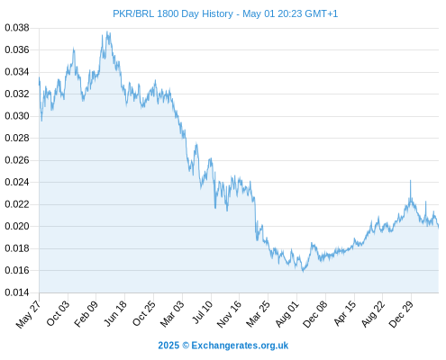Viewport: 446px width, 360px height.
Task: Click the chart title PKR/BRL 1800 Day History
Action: click(x=173, y=13)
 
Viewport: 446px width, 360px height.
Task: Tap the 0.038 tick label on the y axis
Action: click(x=17, y=28)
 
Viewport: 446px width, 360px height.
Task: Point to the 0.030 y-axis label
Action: click(x=17, y=116)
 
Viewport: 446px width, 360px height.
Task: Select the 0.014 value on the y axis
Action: click(x=17, y=292)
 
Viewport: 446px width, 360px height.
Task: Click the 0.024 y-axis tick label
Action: click(x=17, y=182)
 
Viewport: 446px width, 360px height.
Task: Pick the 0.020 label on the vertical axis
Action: click(x=17, y=226)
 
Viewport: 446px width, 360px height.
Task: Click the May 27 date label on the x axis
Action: click(x=28, y=314)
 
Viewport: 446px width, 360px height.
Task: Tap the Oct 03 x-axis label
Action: click(x=58, y=313)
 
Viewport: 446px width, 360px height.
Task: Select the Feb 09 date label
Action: click(x=86, y=314)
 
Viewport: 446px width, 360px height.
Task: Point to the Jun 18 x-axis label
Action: click(x=115, y=313)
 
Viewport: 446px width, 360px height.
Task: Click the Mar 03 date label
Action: click(x=171, y=314)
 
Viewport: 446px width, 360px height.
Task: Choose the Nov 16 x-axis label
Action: click(x=229, y=314)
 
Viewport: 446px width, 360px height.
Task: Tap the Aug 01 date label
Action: click(x=287, y=314)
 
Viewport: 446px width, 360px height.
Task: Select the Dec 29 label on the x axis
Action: click(x=401, y=314)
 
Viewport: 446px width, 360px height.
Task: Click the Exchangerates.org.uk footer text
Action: click(x=240, y=346)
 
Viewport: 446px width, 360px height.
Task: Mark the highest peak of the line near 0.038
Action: click(x=107, y=31)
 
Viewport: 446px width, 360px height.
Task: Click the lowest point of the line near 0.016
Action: click(x=303, y=272)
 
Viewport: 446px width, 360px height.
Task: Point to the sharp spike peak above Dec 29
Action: click(x=410, y=180)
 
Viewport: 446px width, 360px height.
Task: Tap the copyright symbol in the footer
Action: click(x=186, y=346)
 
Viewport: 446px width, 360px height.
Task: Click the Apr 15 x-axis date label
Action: click(x=344, y=313)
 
